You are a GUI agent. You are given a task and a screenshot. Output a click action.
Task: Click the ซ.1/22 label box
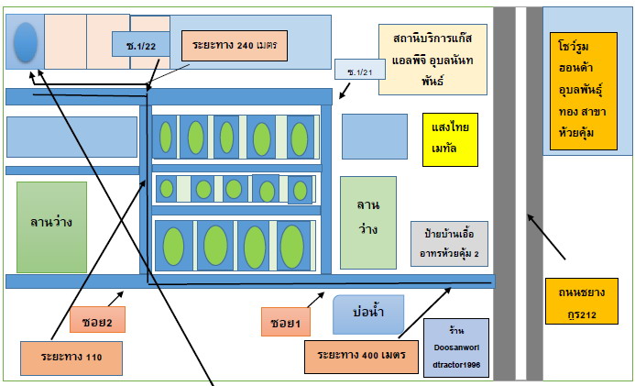pyautogui.click(x=141, y=44)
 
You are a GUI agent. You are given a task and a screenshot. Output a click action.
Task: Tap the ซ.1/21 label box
pyautogui.click(x=360, y=70)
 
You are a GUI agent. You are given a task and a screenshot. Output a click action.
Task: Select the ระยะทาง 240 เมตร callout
pyautogui.click(x=235, y=45)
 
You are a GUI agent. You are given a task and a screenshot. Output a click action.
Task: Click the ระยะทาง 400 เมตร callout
pyautogui.click(x=361, y=357)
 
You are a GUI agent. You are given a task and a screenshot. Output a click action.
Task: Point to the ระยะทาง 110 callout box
pyautogui.click(x=71, y=358)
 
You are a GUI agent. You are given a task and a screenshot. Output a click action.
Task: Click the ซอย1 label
pyautogui.click(x=286, y=322)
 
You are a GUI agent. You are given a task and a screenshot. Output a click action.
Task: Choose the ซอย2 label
pyautogui.click(x=97, y=320)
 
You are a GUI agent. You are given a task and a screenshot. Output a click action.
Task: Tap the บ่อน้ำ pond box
pyautogui.click(x=368, y=314)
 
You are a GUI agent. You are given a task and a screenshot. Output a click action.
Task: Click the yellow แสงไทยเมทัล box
pyautogui.click(x=450, y=139)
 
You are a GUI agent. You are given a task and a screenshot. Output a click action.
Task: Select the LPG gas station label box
pyautogui.click(x=432, y=60)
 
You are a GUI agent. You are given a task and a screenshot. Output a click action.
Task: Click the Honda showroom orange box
pyautogui.click(x=584, y=91)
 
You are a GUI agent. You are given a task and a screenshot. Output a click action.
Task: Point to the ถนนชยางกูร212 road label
pyautogui.click(x=582, y=301)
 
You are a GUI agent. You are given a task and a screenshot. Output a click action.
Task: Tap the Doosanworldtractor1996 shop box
pyautogui.click(x=456, y=347)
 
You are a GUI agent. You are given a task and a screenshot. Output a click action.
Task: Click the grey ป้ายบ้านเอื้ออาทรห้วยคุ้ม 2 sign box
pyautogui.click(x=449, y=244)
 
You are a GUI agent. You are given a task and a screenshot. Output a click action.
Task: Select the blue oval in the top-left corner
pyautogui.click(x=26, y=42)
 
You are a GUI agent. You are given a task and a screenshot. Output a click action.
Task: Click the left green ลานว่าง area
pyautogui.click(x=51, y=227)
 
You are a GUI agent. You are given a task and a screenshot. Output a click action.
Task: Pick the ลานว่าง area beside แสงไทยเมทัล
pyautogui.click(x=368, y=223)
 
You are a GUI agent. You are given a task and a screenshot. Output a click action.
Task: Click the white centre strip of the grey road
pyautogui.click(x=520, y=193)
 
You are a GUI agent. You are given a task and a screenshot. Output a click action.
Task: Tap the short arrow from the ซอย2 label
pyautogui.click(x=115, y=299)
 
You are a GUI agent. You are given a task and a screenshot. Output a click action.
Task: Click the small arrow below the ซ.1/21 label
pyautogui.click(x=345, y=91)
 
